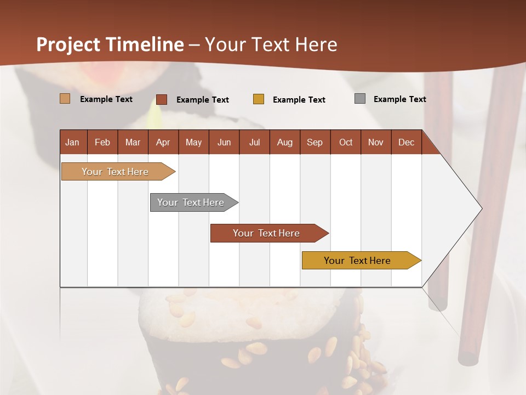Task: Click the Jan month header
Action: click(x=73, y=142)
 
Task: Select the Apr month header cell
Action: click(x=163, y=142)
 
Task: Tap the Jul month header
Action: click(x=254, y=142)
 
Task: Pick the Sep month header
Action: click(x=315, y=142)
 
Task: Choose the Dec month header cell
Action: click(x=406, y=142)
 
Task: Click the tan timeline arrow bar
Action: click(x=116, y=172)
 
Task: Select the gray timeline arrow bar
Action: click(x=191, y=202)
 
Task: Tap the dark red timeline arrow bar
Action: click(x=266, y=233)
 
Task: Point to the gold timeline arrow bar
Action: click(x=358, y=261)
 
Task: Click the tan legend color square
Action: click(x=65, y=99)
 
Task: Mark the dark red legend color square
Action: click(x=162, y=99)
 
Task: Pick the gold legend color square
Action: click(x=259, y=99)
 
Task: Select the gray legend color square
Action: click(x=360, y=99)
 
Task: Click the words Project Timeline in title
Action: click(x=110, y=44)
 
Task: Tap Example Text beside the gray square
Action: click(x=399, y=99)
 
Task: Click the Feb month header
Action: click(x=102, y=142)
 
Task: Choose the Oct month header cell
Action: click(x=346, y=142)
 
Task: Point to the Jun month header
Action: click(x=224, y=142)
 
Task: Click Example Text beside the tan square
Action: click(x=106, y=99)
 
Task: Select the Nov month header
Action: click(x=376, y=142)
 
